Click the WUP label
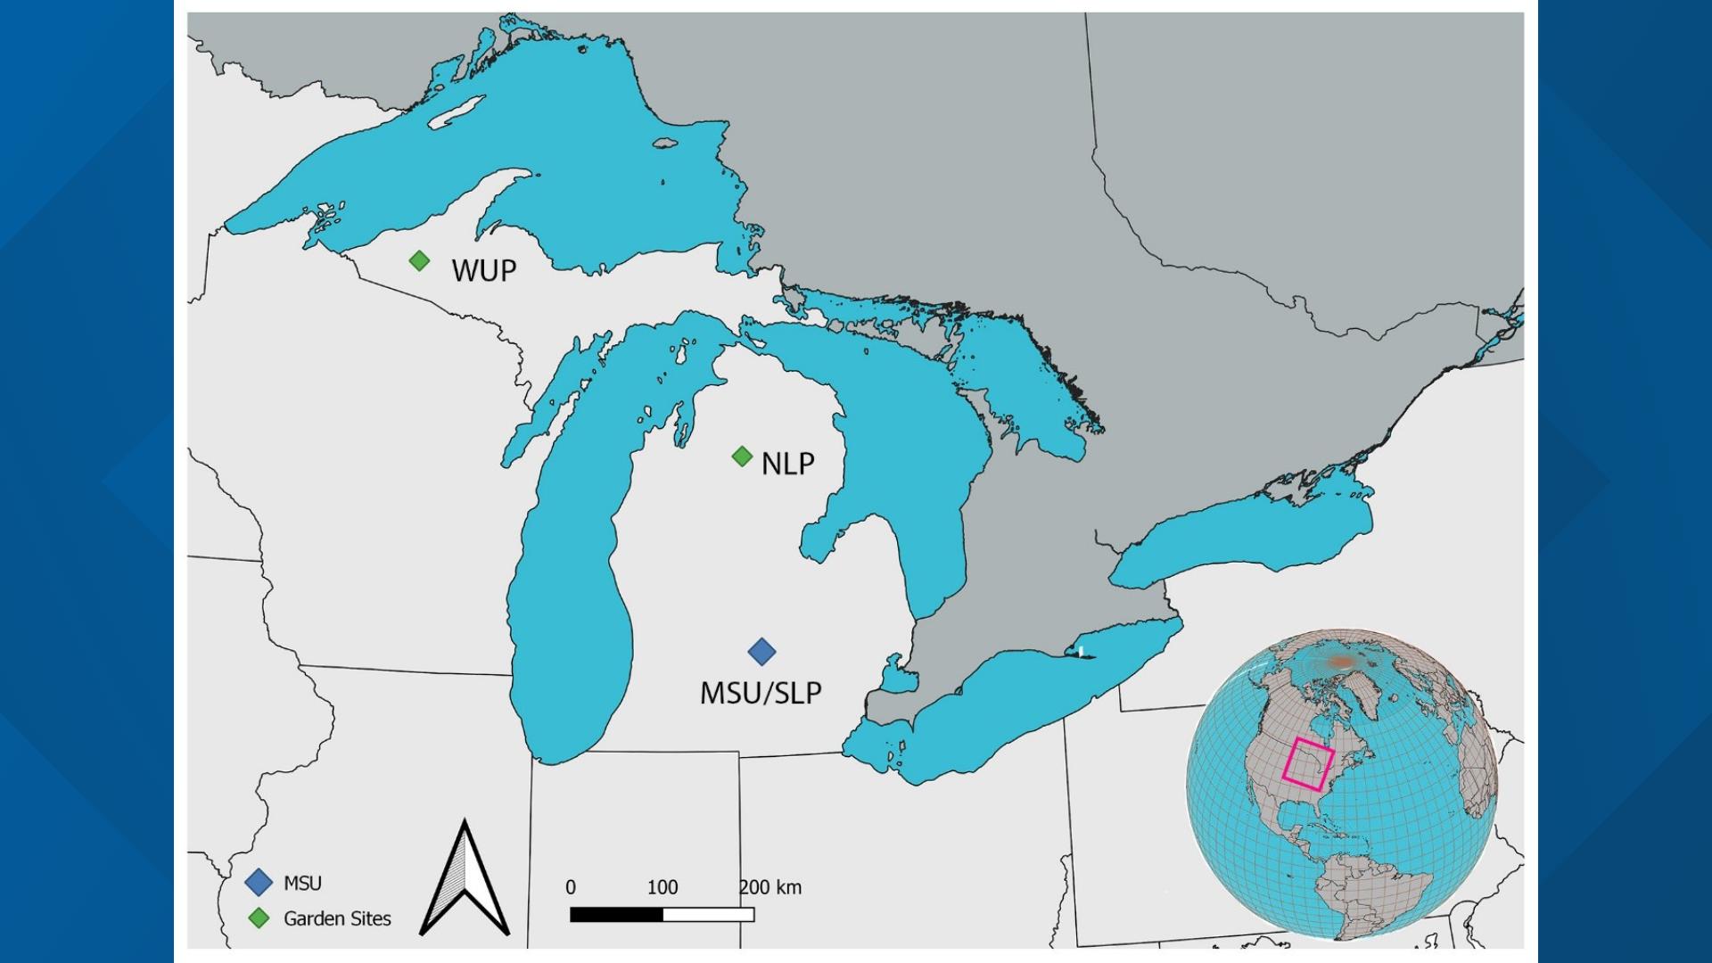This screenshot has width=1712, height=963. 483,270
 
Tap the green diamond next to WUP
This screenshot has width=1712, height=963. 419,260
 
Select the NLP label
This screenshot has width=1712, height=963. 787,464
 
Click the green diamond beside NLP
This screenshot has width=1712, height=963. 742,457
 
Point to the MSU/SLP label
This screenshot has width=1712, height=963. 760,693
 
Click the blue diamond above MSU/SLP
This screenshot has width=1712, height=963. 761,652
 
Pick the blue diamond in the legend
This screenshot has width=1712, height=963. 259,883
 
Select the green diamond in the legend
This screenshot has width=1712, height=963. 259,918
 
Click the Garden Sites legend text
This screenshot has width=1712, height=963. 337,918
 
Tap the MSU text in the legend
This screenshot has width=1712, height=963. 302,883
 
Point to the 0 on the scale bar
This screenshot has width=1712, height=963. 571,887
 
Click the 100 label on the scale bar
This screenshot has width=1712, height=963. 663,887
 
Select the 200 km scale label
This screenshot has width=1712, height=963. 770,887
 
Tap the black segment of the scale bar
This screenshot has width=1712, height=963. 616,914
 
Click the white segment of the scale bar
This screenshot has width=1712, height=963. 709,914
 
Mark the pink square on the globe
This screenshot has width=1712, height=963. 1308,765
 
